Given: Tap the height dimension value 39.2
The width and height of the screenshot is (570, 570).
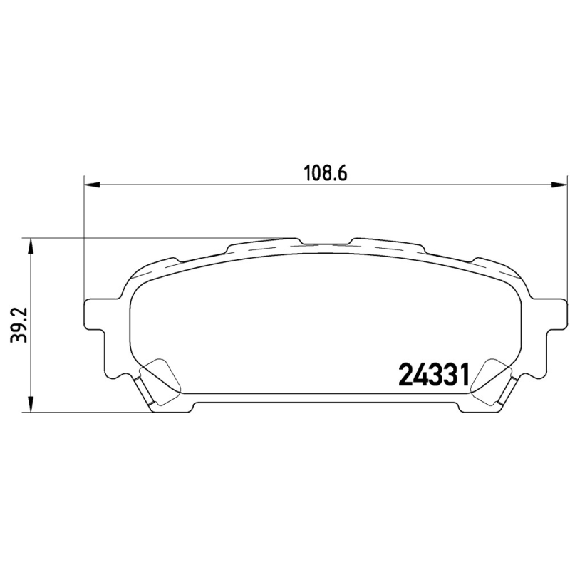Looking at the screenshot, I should (16, 325).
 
